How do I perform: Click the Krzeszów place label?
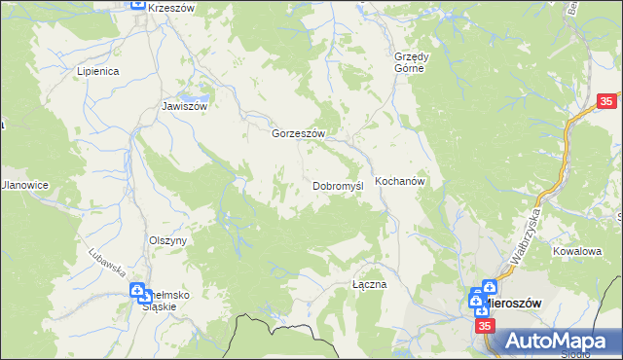point(173,8)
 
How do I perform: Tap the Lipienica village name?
point(97,71)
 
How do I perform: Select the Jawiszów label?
point(185,106)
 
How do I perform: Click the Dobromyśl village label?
point(338,185)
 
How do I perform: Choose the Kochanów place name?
point(401,181)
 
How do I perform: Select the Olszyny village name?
point(167,239)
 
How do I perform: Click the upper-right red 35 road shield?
point(607,101)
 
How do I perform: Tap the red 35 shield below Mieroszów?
point(485,328)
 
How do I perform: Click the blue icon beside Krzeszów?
point(138,6)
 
